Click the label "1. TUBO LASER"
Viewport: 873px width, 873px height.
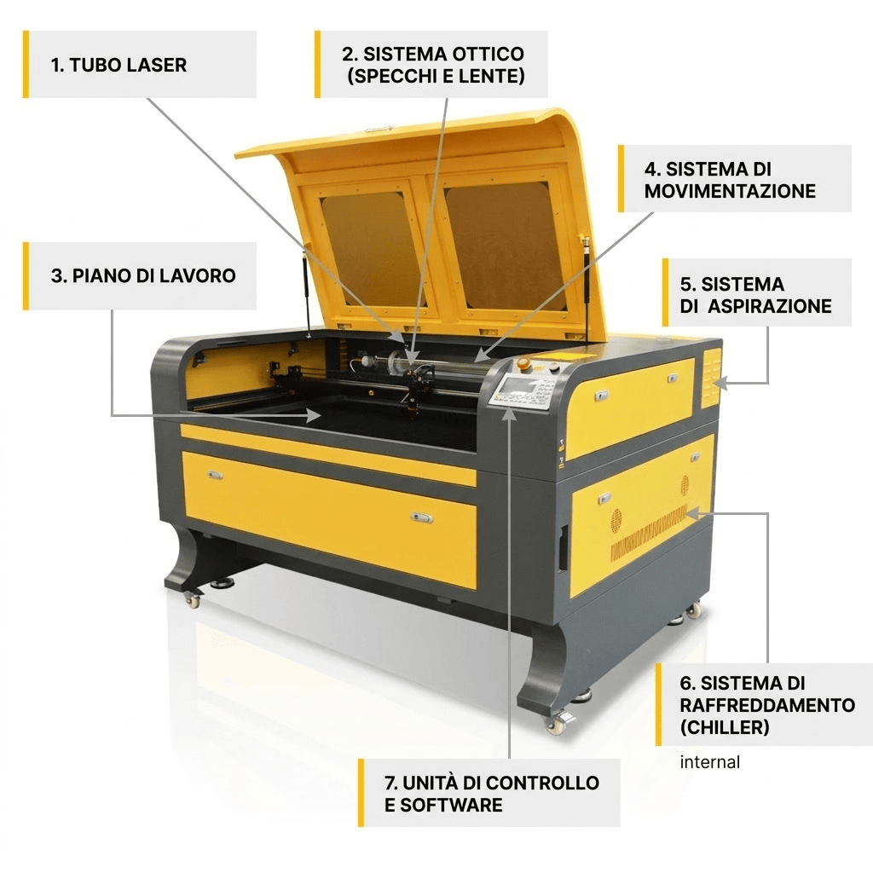click(x=119, y=65)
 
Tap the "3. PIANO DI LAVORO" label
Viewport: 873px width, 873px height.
click(x=143, y=275)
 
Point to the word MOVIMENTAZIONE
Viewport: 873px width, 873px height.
click(x=730, y=191)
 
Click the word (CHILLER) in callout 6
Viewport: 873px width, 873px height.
click(x=725, y=727)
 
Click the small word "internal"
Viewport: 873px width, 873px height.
click(x=709, y=762)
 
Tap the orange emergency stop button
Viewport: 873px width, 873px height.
click(x=523, y=364)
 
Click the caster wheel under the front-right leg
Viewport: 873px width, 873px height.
click(x=558, y=724)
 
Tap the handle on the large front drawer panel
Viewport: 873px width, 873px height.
click(x=421, y=517)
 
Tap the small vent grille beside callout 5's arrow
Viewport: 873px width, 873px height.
click(x=711, y=378)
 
